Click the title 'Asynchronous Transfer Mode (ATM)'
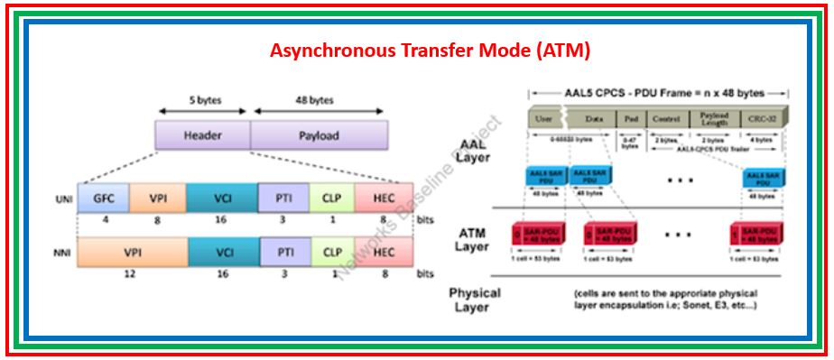coord(430,51)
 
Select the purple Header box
coord(202,135)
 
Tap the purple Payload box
coord(319,135)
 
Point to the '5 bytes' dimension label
coord(202,99)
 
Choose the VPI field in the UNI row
coord(157,198)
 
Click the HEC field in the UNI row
coord(384,198)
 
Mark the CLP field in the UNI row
coord(333,198)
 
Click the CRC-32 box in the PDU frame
coord(760,118)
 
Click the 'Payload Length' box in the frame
coord(713,118)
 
